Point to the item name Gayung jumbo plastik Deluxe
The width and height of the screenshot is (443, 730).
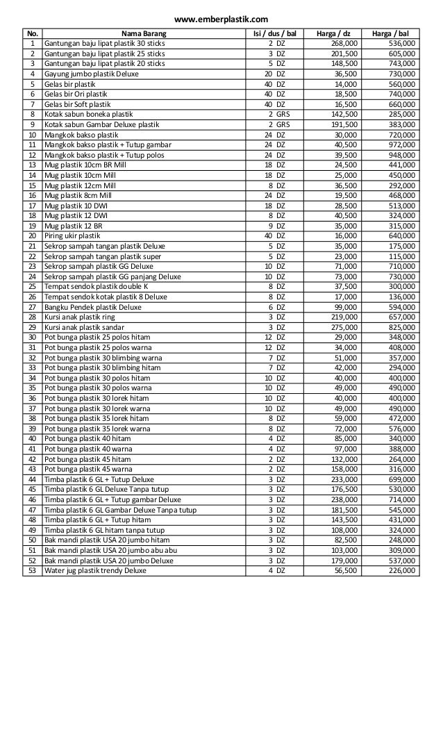click(x=91, y=74)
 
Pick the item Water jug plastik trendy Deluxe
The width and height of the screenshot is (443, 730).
click(x=95, y=570)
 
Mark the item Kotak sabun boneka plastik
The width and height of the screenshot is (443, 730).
click(x=90, y=114)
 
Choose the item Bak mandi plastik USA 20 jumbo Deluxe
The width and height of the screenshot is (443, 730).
click(x=108, y=561)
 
